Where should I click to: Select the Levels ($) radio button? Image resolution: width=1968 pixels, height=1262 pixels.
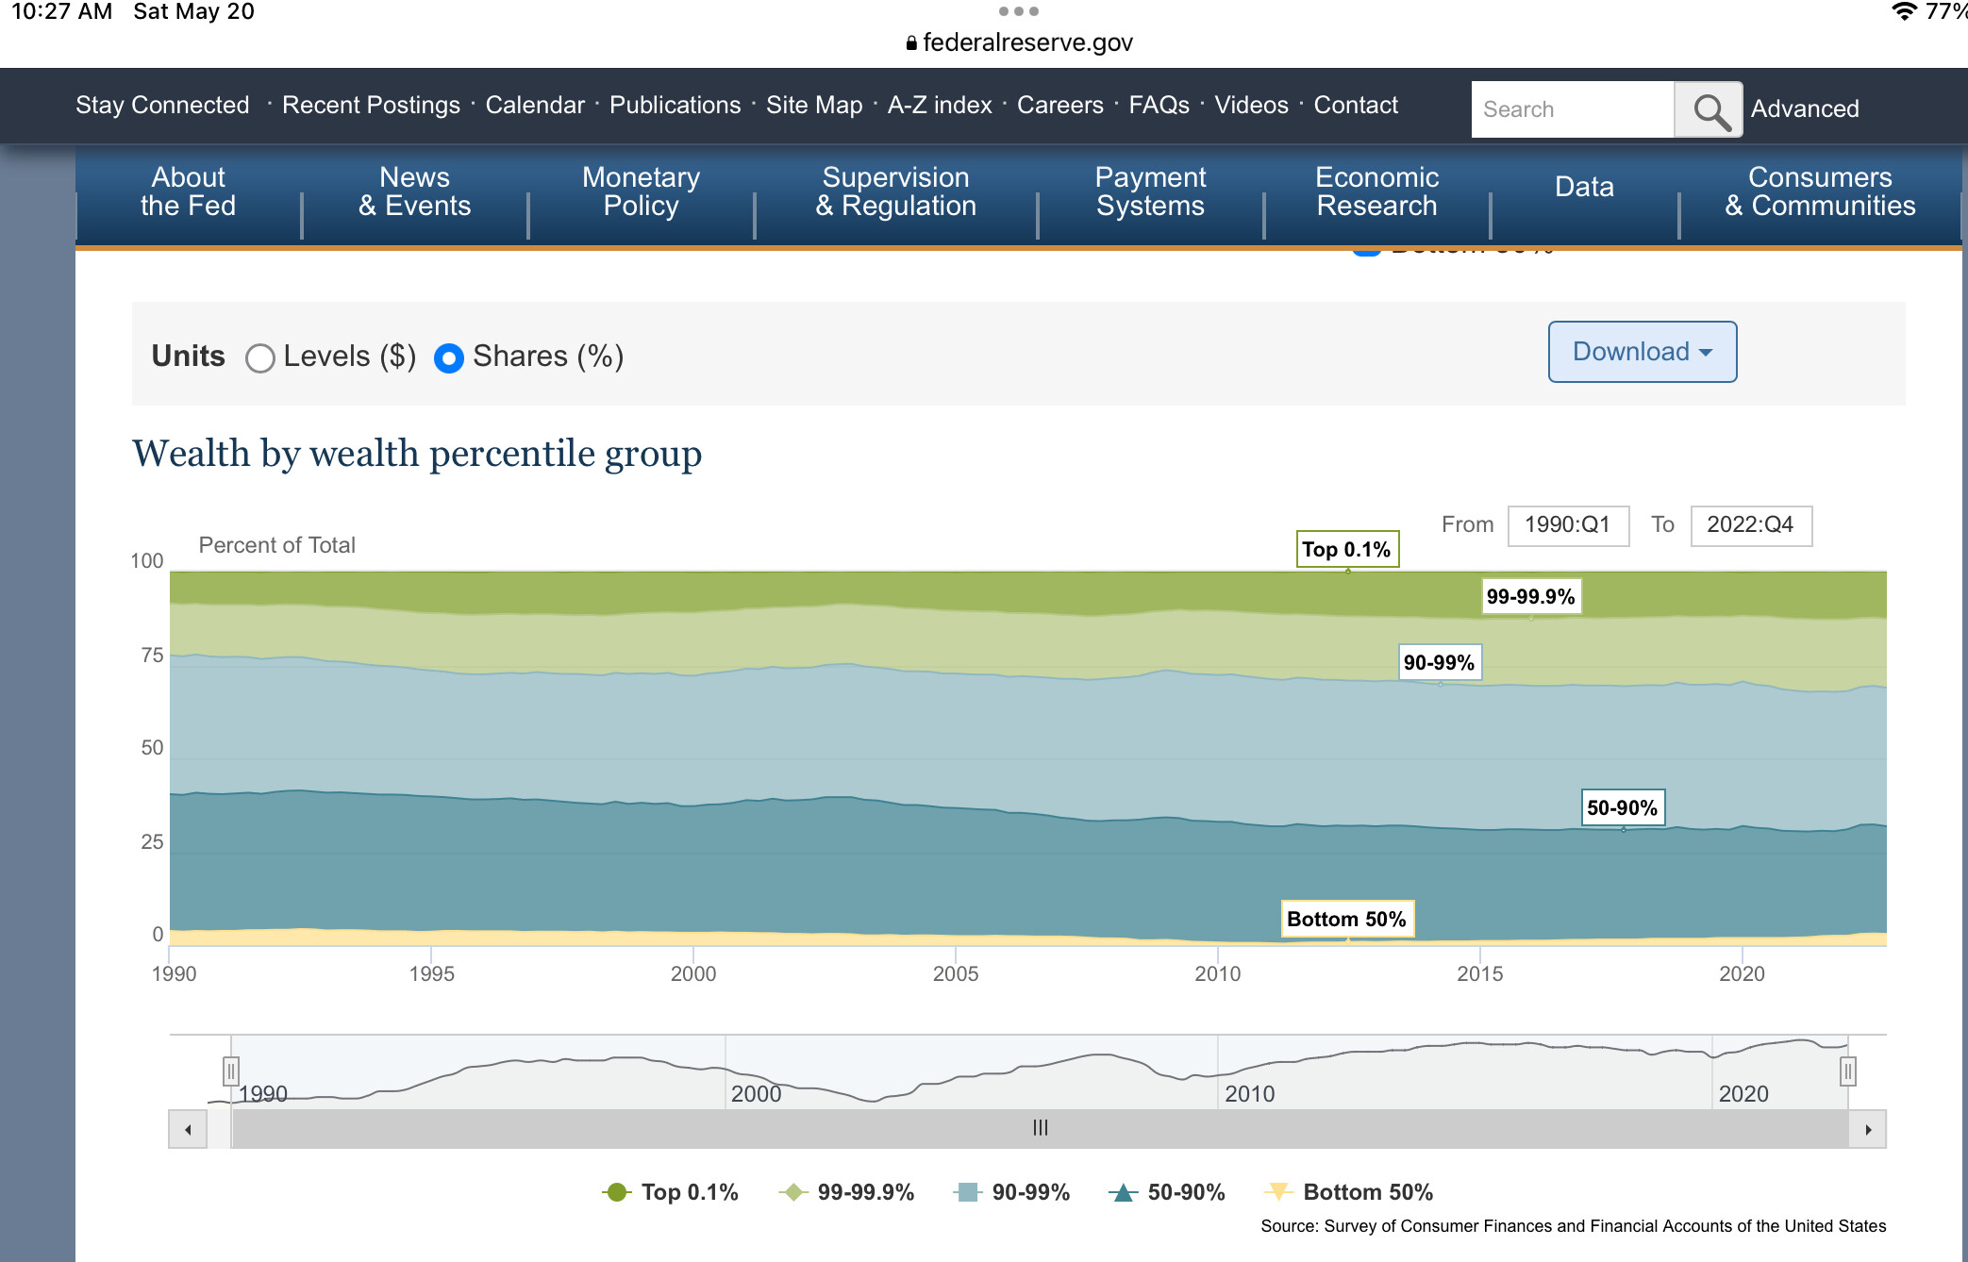click(260, 358)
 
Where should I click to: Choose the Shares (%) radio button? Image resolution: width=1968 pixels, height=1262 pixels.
click(449, 358)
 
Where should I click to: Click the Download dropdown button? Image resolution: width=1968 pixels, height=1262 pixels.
click(1642, 352)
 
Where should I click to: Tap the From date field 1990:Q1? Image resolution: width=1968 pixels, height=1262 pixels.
click(1568, 525)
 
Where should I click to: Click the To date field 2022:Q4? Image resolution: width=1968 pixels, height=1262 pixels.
click(1750, 525)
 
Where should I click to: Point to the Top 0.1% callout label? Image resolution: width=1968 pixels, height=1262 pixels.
click(1346, 550)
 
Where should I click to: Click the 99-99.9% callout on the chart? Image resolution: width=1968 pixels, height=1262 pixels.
click(1530, 597)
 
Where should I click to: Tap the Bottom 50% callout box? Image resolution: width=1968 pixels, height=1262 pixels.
click(1346, 920)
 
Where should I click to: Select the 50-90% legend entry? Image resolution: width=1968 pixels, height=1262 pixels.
click(1168, 1192)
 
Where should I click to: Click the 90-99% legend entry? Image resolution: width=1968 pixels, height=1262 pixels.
click(1012, 1192)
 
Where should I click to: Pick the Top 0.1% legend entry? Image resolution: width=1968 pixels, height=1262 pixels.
click(671, 1192)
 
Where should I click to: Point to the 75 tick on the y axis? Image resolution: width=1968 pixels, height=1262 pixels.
click(152, 656)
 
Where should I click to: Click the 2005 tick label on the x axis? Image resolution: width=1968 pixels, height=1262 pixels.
click(956, 974)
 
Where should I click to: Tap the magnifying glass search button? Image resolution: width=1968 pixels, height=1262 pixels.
click(1709, 110)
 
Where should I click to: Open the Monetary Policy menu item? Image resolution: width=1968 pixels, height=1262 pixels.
click(641, 191)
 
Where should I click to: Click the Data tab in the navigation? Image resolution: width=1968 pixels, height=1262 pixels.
click(1584, 187)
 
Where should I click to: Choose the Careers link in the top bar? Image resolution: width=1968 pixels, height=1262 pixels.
click(1059, 105)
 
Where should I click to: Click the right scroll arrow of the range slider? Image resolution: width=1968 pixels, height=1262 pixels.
click(1868, 1130)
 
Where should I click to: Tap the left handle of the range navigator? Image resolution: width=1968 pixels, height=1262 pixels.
click(231, 1071)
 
